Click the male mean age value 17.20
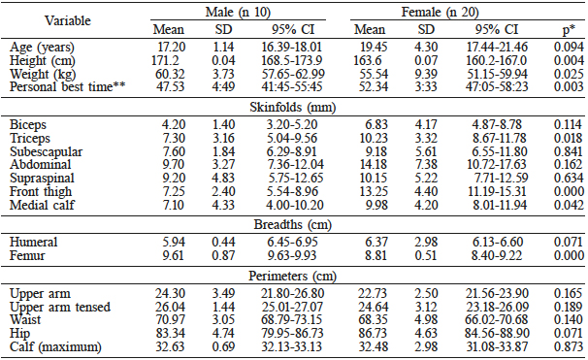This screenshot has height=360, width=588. click(x=176, y=47)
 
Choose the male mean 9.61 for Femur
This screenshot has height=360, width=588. click(x=176, y=254)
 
